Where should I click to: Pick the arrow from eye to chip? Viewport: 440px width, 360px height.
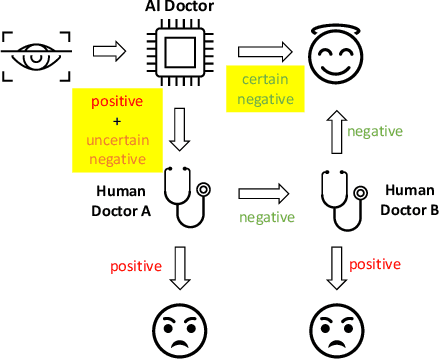[109, 49]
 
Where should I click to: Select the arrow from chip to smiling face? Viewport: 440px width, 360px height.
[265, 49]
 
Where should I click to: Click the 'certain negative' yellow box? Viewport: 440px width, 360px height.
[261, 86]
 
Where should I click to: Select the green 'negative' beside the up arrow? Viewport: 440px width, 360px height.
[375, 130]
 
